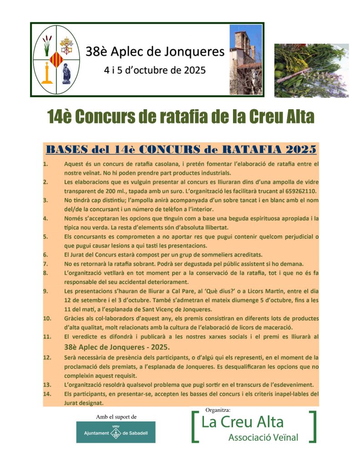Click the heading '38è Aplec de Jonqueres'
(x=155, y=51)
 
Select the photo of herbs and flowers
(x=311, y=71)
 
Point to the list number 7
(x=46, y=264)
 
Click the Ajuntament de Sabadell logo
(x=116, y=432)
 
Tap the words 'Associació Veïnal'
(x=263, y=438)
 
